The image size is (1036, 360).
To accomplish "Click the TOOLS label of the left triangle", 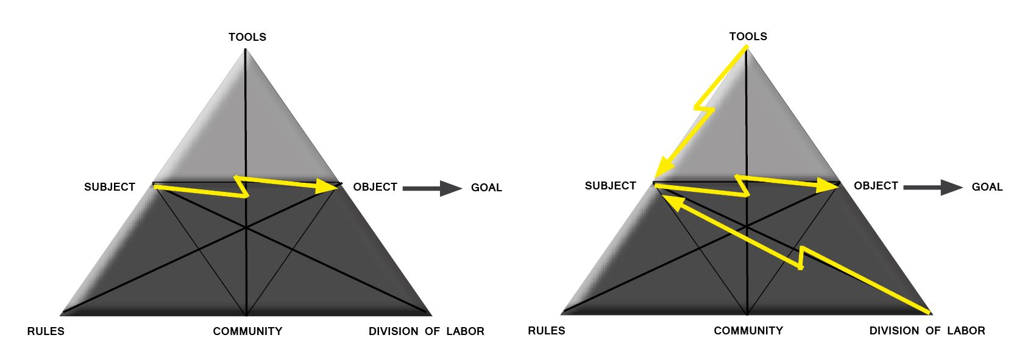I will click(x=247, y=37).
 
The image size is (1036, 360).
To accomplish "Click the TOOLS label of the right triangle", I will click(x=748, y=37).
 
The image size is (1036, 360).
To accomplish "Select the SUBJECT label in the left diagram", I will click(x=110, y=187).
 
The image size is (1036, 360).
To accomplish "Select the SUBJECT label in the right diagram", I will click(x=610, y=186).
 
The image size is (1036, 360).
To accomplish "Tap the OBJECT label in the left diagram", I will click(x=375, y=187).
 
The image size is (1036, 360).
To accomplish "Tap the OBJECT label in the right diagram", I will click(x=876, y=186).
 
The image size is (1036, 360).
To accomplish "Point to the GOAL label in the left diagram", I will click(x=486, y=188).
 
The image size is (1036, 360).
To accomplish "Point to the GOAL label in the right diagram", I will click(x=987, y=187).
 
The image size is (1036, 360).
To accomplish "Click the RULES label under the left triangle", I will click(x=46, y=331).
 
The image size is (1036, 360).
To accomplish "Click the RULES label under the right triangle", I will click(x=546, y=331).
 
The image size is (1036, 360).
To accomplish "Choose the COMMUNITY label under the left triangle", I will click(x=247, y=331).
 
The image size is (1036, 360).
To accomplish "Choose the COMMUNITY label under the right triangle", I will click(x=748, y=331).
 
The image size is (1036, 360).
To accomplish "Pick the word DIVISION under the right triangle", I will click(x=894, y=331).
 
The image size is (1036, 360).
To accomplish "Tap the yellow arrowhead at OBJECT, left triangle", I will click(x=328, y=186).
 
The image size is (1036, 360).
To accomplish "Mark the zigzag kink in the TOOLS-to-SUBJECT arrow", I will click(x=704, y=109).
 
